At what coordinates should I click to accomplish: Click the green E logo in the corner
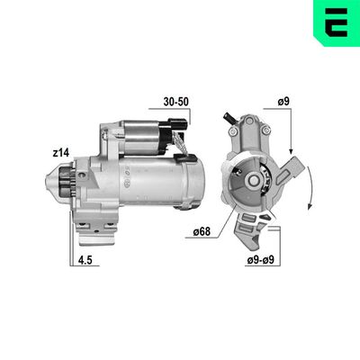tap(334, 23)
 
